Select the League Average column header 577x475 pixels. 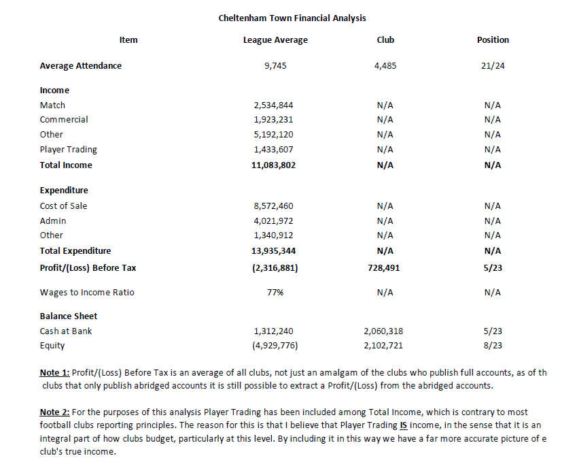(275, 40)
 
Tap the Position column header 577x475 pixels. (493, 40)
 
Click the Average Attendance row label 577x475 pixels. (81, 66)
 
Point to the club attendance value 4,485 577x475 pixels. (385, 66)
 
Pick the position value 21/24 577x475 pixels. (493, 66)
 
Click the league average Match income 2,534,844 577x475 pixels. (275, 105)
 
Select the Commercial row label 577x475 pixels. (64, 120)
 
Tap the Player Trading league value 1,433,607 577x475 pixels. (275, 150)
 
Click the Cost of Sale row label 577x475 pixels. (63, 206)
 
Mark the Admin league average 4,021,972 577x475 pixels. (275, 220)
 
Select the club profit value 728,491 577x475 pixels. (385, 268)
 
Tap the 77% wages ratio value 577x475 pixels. (275, 293)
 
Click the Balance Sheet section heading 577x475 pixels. (69, 316)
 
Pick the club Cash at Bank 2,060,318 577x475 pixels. (385, 331)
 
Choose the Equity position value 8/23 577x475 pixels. (493, 346)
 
